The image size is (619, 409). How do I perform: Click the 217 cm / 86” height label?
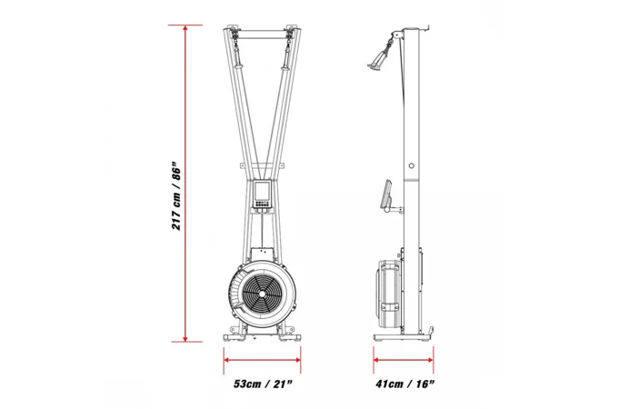176,195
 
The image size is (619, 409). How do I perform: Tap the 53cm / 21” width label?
263,384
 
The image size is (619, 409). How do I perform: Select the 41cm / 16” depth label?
405,384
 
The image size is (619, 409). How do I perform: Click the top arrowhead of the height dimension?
185,28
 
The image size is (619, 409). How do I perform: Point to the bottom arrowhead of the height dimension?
185,338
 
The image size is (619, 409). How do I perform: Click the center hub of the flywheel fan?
262,294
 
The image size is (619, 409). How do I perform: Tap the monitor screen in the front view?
262,191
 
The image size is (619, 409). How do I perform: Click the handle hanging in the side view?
380,58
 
